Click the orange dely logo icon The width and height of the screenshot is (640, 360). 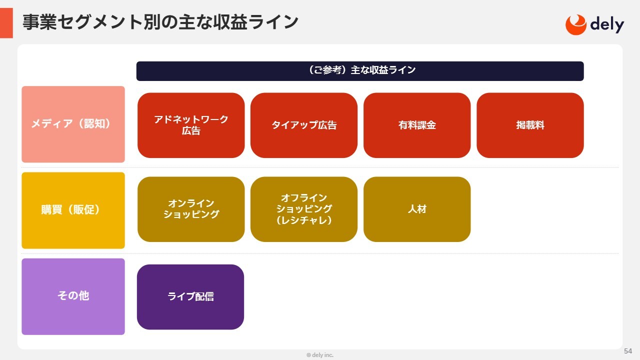[x=575, y=24]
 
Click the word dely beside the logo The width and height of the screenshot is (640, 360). [x=607, y=25]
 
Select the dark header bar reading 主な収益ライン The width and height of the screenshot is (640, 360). [x=360, y=71]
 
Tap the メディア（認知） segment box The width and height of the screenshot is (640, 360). [x=73, y=124]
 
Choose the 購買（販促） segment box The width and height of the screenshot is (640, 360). [x=73, y=210]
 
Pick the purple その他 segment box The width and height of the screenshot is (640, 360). [x=73, y=296]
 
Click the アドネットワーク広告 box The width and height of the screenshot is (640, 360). [x=191, y=125]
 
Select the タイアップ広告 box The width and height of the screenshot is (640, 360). [x=304, y=125]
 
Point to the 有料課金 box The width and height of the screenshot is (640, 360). [x=417, y=125]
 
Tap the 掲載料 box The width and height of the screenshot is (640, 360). [x=530, y=125]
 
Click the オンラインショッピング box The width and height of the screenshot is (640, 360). [x=191, y=209]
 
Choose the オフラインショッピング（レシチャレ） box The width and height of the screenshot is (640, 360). [x=304, y=209]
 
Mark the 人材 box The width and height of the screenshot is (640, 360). [x=417, y=209]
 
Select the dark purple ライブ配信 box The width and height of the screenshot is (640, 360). [x=190, y=297]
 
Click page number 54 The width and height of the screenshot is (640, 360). [x=628, y=351]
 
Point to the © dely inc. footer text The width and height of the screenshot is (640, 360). [x=320, y=355]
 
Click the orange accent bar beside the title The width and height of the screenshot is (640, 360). [x=6, y=23]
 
